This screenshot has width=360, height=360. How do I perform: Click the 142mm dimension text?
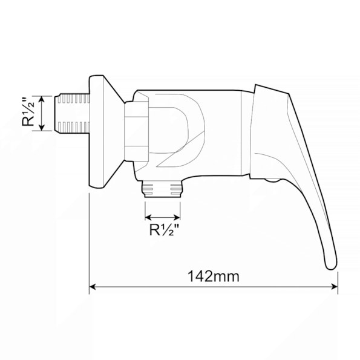[214, 276]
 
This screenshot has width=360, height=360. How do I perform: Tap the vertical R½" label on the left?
[28, 112]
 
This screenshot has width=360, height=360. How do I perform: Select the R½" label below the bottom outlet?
[164, 229]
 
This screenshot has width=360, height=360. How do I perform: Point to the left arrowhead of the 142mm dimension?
[93, 287]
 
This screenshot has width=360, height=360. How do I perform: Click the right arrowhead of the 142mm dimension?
[335, 287]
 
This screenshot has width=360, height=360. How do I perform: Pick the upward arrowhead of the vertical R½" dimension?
[42, 99]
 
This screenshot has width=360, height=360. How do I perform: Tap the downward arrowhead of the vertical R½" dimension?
[42, 128]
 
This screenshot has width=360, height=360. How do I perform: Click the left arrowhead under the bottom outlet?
[148, 217]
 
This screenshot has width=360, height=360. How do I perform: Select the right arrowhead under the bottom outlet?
[177, 217]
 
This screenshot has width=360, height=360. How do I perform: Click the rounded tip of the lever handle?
[332, 266]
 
